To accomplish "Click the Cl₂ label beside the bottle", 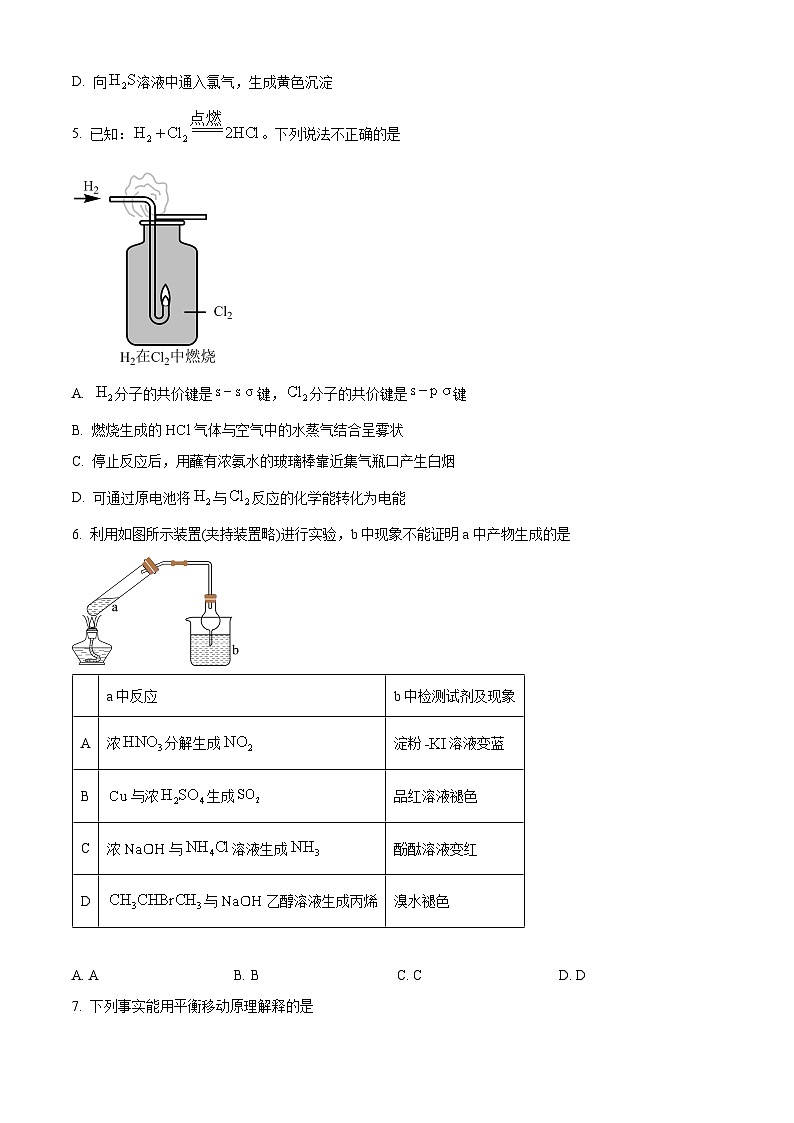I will (222, 312).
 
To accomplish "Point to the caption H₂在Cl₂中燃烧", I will (167, 357).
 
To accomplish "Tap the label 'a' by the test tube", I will (115, 606).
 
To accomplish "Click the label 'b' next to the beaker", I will (235, 650).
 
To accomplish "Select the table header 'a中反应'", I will (132, 696).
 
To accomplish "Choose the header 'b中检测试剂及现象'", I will (454, 696).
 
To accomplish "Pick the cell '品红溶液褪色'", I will (435, 796).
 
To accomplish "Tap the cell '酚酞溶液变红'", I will (435, 849).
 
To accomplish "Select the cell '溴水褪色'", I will (421, 901).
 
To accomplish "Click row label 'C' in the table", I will (85, 849).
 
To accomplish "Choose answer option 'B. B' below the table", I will (246, 975).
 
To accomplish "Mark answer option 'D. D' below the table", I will (572, 975).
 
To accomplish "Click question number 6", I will (76, 535).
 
